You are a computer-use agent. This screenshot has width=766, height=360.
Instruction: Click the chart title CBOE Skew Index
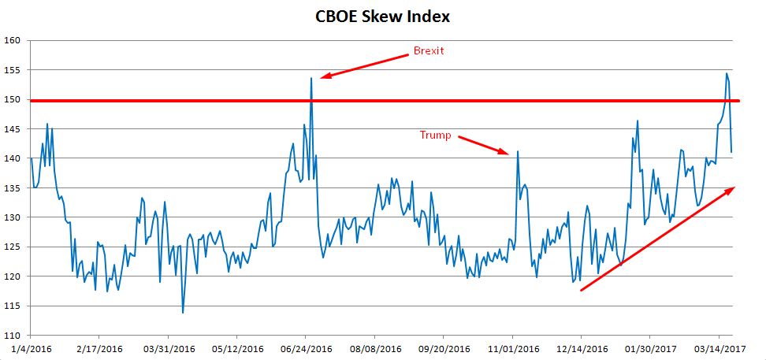(x=382, y=16)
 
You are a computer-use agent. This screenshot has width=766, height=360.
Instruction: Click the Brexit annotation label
(x=429, y=51)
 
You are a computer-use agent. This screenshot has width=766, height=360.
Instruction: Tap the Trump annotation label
(x=435, y=135)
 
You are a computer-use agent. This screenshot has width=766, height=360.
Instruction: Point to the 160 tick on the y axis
(x=13, y=40)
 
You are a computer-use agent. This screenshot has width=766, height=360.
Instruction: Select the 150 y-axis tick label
(x=13, y=99)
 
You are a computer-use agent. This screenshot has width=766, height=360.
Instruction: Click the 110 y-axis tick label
(x=13, y=336)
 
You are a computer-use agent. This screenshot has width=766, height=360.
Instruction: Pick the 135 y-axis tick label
(x=13, y=187)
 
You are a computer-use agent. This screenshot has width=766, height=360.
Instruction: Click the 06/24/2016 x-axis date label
(x=307, y=347)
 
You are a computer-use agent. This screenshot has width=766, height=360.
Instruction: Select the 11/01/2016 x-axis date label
(x=513, y=347)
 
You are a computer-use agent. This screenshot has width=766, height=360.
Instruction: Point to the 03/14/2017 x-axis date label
(x=720, y=347)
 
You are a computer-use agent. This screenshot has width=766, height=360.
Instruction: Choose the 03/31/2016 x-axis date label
(x=169, y=347)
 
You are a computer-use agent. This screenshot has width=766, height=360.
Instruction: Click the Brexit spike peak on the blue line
(x=311, y=77)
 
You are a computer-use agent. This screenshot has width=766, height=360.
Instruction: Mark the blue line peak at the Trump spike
(x=518, y=151)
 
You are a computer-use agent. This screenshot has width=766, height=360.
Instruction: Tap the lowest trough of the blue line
(x=183, y=313)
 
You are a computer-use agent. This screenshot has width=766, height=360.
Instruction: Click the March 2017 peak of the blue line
(x=726, y=73)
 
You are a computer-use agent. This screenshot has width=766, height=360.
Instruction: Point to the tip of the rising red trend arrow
(x=734, y=187)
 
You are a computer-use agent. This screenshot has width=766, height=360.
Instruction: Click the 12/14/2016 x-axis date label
(x=582, y=347)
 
